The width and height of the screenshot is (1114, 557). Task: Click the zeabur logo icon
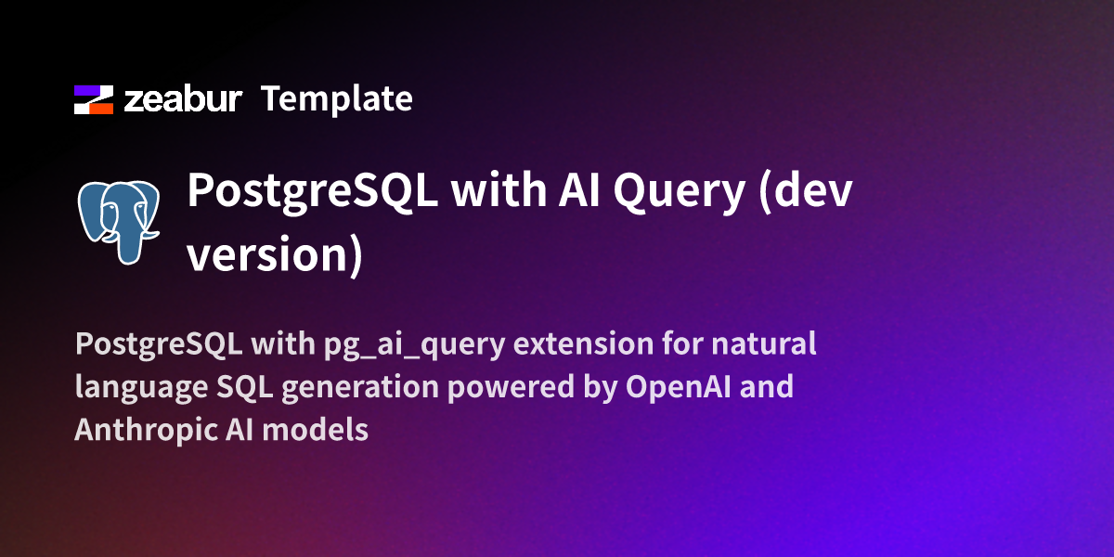click(94, 99)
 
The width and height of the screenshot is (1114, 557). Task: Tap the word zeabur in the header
click(183, 99)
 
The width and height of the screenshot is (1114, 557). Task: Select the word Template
click(337, 98)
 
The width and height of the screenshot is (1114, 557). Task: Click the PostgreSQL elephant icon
click(119, 220)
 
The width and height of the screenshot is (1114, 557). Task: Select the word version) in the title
click(274, 254)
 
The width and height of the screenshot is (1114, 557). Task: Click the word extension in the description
click(584, 344)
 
